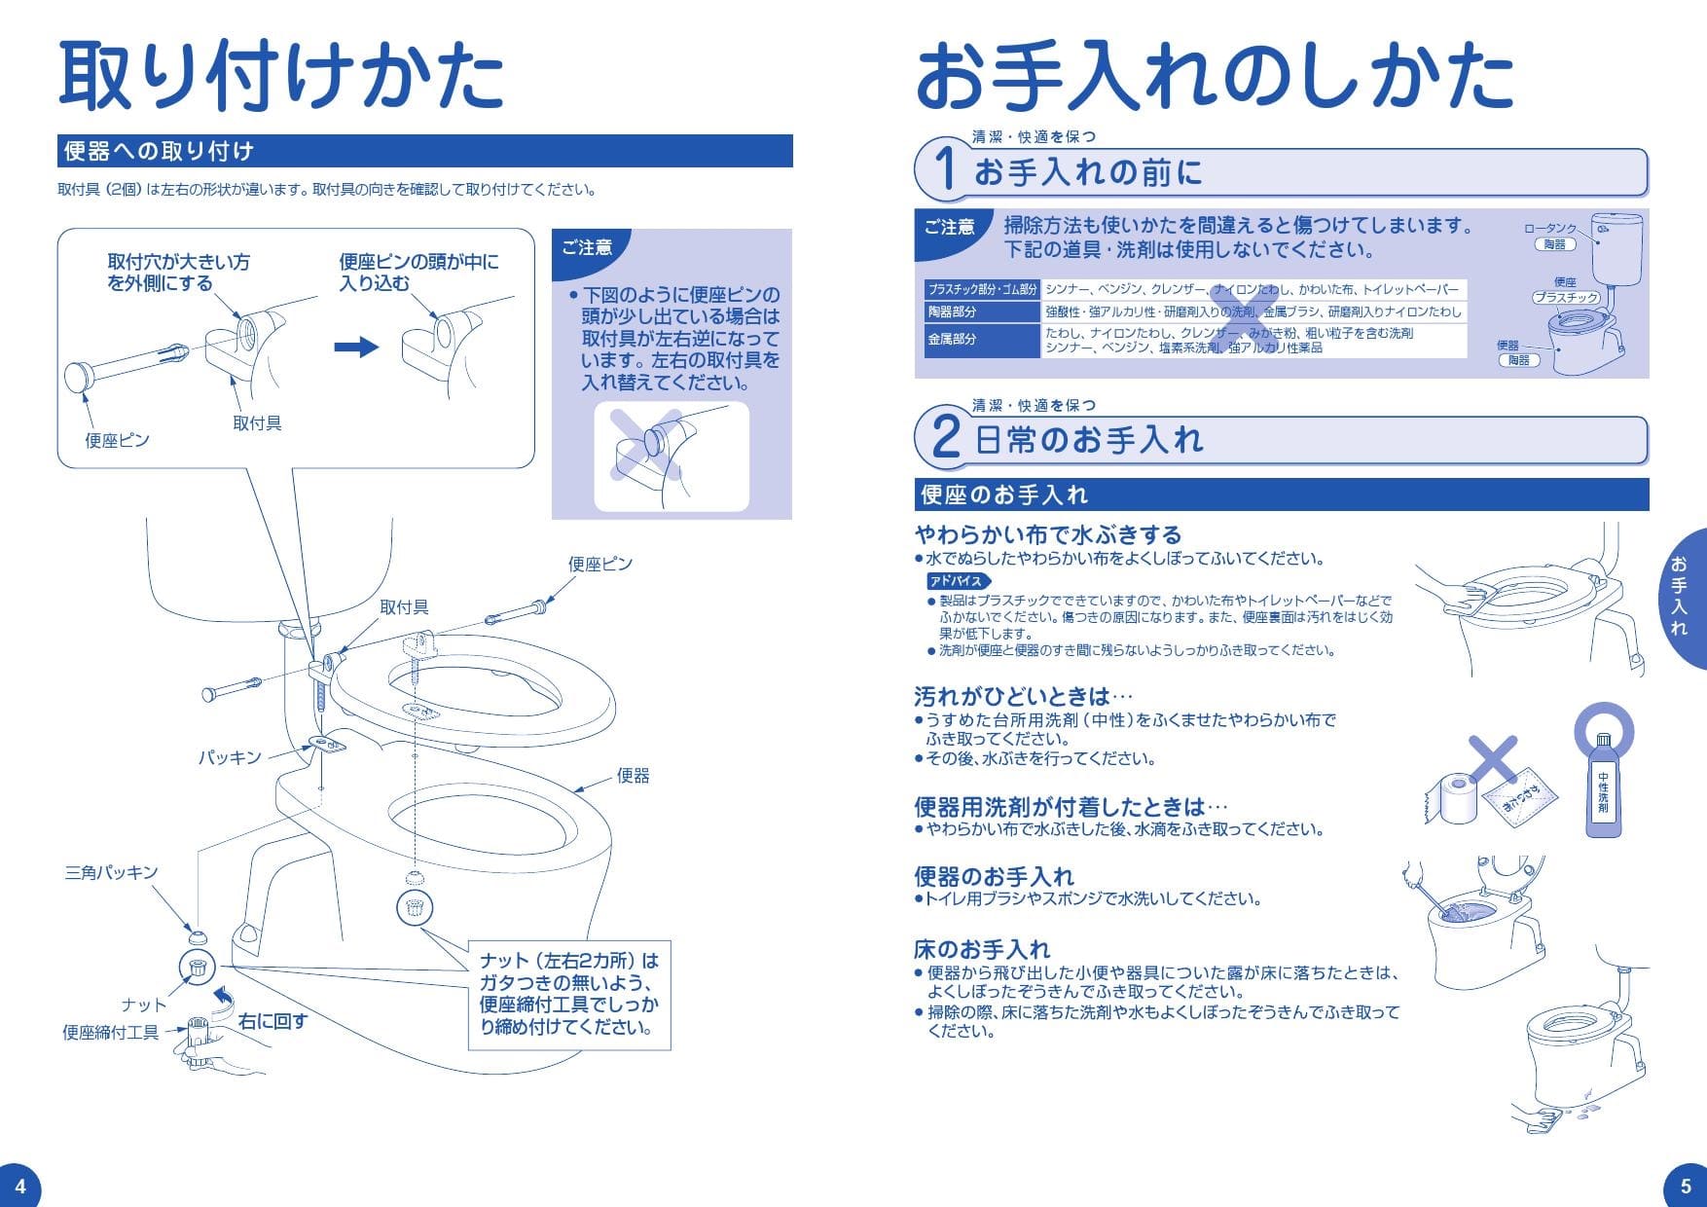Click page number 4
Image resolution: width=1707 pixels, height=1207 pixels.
click(x=20, y=1186)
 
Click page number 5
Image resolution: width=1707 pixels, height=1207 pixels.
click(x=1686, y=1186)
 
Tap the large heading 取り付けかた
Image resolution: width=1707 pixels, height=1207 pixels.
click(x=282, y=76)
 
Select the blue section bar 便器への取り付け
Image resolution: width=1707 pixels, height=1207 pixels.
click(x=424, y=151)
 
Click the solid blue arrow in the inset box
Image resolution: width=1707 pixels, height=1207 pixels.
click(x=356, y=347)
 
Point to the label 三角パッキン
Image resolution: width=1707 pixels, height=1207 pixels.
click(x=111, y=872)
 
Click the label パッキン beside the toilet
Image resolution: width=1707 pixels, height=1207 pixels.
click(x=231, y=757)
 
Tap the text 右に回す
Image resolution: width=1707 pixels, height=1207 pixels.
click(x=273, y=1021)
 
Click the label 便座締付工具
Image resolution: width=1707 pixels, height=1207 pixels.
click(x=110, y=1033)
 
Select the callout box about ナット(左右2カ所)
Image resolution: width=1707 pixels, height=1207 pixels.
click(x=569, y=994)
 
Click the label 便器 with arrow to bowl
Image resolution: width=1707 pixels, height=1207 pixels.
click(x=634, y=776)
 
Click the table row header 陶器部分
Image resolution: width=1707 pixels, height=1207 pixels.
click(x=981, y=312)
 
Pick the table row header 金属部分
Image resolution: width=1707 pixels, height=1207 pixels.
click(x=981, y=340)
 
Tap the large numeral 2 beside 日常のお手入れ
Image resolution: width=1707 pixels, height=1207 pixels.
click(x=944, y=438)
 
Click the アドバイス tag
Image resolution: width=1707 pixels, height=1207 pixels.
click(x=957, y=581)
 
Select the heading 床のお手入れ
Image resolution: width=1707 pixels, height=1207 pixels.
click(x=981, y=949)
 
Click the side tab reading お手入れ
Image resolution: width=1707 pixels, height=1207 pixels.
click(x=1681, y=596)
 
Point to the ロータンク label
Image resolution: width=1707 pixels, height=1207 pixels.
click(x=1549, y=228)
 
